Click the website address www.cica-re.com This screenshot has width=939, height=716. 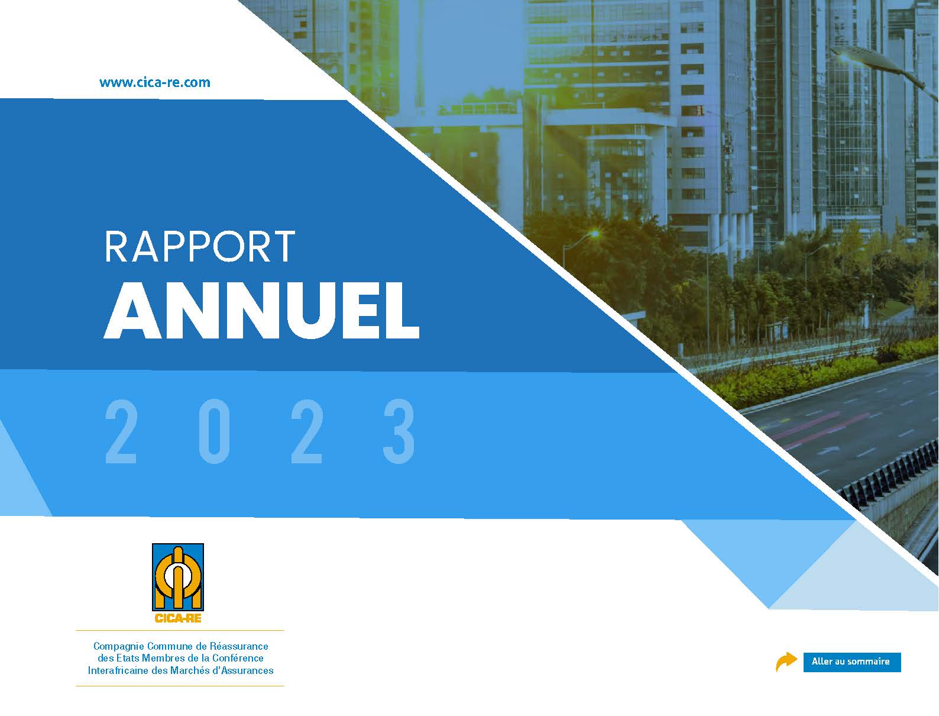pos(155,82)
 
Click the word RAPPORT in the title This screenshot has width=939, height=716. pos(200,247)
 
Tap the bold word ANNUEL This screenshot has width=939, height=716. pos(261,311)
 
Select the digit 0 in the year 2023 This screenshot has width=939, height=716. pos(214,431)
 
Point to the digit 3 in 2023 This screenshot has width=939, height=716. pos(399,431)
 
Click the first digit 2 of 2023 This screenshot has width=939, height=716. pos(121,431)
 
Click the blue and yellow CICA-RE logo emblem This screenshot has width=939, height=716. pos(178,578)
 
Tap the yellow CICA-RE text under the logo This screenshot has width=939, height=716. pos(178,618)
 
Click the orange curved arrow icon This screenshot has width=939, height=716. pos(786,662)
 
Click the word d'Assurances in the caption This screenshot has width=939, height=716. pos(247,670)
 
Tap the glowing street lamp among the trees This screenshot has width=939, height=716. pos(594,234)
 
